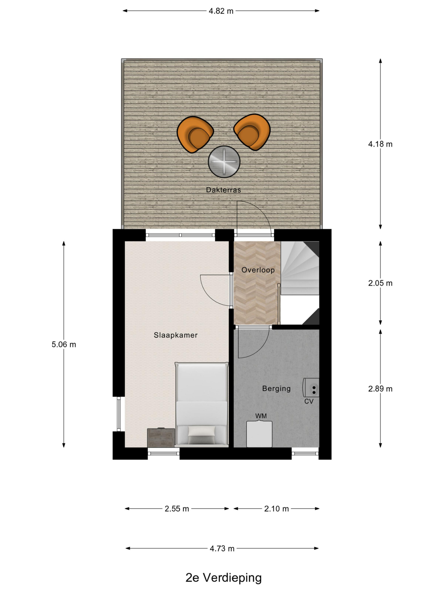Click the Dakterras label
pos(223,190)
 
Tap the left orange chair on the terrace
pos(195,134)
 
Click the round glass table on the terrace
pos(224,162)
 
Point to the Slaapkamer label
pos(176,335)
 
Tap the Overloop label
pos(258,270)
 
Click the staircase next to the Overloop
pos(300,283)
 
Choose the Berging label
pos(276,388)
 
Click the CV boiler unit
pos(311,387)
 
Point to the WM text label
pos(261,416)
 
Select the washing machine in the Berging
pos(259,434)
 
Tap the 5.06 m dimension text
pos(64,344)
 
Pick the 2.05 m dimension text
pos(380,283)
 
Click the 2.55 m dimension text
pos(177,509)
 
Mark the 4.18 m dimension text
pos(380,144)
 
